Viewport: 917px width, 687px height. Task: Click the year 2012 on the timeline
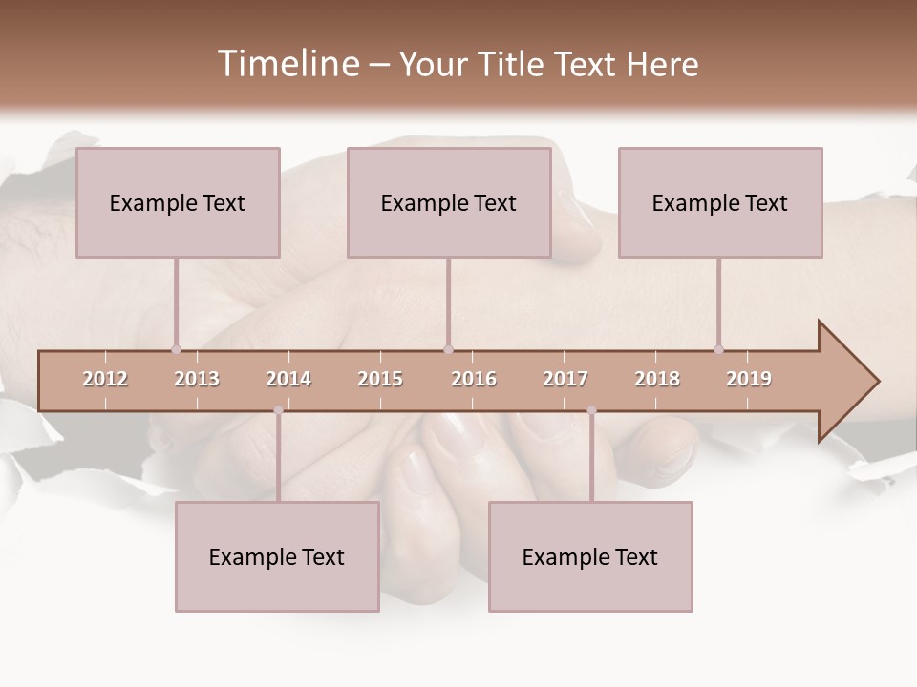point(105,379)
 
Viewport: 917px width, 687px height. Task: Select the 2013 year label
point(197,379)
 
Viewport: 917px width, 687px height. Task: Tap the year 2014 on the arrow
point(288,379)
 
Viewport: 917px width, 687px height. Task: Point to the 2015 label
point(380,379)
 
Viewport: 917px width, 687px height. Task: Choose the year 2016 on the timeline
point(474,379)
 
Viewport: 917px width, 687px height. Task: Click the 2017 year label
point(565,379)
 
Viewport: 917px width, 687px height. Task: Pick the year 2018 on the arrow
point(657,379)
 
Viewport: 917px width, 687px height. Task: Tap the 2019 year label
point(749,379)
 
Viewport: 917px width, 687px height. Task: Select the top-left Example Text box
point(178,202)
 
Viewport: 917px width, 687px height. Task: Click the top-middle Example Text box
point(449,202)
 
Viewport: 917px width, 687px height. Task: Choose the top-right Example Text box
point(720,202)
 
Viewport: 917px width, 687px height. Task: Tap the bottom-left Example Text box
point(277,556)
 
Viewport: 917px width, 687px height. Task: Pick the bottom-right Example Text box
point(590,556)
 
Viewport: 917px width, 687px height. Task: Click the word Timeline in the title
point(287,64)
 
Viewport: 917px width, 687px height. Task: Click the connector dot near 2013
point(176,349)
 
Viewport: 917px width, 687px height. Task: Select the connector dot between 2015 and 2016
point(448,349)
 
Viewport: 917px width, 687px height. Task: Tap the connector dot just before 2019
point(718,349)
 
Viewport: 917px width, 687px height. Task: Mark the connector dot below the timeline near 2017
point(591,410)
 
